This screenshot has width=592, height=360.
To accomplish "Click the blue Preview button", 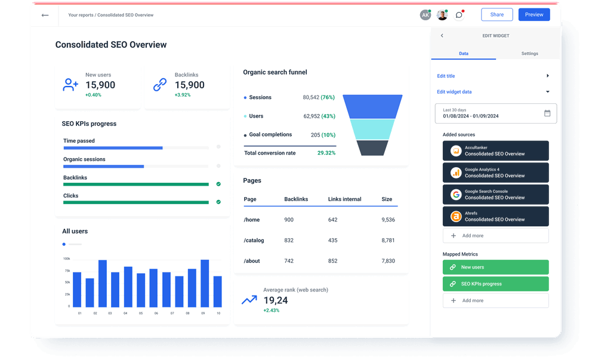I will coord(534,15).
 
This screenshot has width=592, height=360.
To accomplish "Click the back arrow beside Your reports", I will coord(45,15).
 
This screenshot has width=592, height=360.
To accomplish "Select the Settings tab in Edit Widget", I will coord(529,54).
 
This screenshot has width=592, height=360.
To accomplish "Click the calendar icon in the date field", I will coord(547,113).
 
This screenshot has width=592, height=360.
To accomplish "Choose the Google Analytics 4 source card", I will coord(495,173).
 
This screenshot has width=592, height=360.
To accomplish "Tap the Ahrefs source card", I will coord(495,216).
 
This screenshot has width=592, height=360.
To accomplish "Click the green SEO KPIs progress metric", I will coord(495,284).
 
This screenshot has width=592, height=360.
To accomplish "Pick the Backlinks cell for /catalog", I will coord(289,241).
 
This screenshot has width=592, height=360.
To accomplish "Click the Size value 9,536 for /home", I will coord(388,220).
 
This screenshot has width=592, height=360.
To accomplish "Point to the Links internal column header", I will coord(344,199).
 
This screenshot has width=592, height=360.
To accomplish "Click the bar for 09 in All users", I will coord(205,283).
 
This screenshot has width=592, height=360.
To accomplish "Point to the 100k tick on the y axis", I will coord(66,259).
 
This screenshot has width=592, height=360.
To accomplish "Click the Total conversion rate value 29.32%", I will coord(326,153).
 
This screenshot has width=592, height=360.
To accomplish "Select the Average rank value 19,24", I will coord(275,300).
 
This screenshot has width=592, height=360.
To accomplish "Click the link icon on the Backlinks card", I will coord(160,85).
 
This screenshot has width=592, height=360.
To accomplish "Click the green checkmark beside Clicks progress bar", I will coord(218,202).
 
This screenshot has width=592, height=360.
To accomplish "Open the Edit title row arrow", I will coord(547,76).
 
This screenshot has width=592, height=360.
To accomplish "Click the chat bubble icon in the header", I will coord(458,15).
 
